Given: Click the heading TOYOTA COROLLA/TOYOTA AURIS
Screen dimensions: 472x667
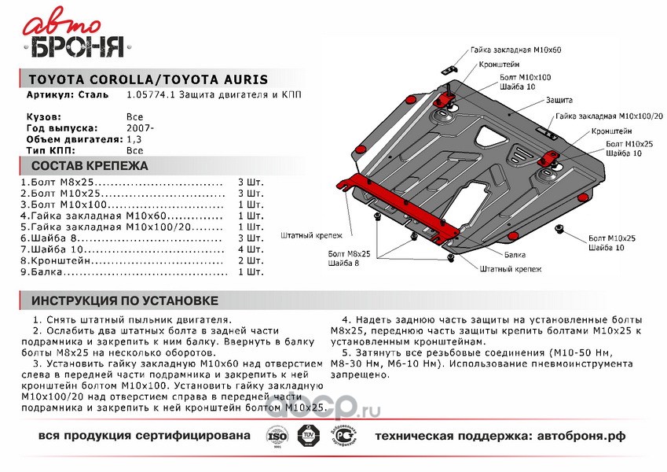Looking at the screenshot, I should coord(148,79).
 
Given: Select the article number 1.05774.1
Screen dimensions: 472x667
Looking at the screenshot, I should coord(147,94).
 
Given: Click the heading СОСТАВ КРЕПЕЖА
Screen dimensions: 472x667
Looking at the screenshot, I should coord(89,166).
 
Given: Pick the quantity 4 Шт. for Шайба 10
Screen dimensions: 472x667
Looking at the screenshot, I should coord(251,249).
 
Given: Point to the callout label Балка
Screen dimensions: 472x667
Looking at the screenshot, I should coord(515,255).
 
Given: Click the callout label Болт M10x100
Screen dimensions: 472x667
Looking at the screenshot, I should coord(526,78).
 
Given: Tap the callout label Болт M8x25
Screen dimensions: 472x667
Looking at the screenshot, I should coord(349,254).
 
